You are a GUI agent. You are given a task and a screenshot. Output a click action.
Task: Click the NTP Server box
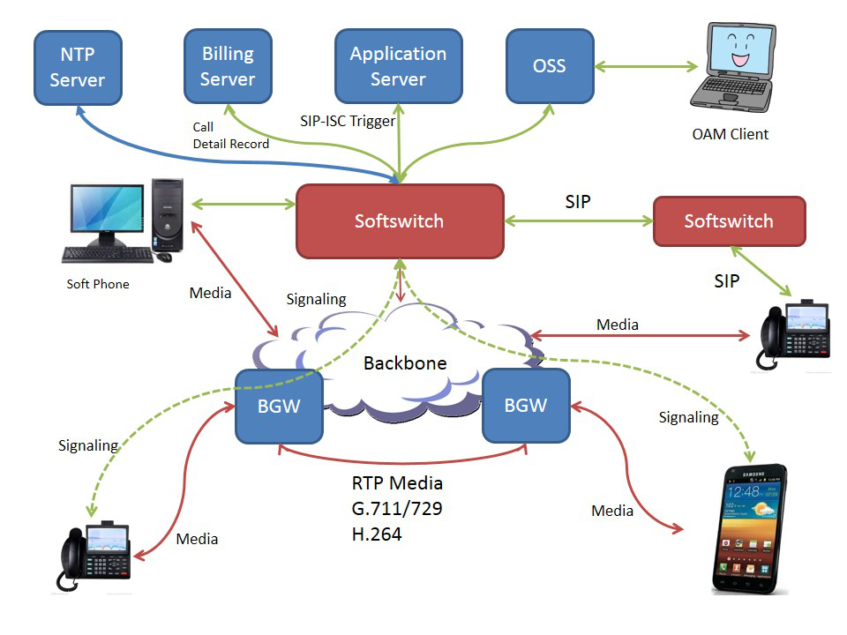point(77,67)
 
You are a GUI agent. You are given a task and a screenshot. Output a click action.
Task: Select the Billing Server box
point(227,66)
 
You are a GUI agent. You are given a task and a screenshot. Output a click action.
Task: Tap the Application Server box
point(398,66)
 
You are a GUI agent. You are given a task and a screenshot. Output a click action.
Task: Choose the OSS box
point(549,66)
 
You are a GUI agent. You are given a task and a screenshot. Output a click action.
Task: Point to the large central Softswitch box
point(399,220)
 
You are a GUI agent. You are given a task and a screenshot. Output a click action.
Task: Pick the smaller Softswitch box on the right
point(728,220)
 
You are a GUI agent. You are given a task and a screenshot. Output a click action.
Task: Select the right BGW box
point(526,406)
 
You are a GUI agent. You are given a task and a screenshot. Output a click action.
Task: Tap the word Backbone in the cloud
point(405,363)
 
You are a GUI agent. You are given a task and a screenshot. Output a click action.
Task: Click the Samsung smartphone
point(749,529)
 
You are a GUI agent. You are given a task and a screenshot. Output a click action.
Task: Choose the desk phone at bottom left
point(94,555)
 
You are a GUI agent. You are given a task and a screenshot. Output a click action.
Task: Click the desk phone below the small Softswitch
point(794,334)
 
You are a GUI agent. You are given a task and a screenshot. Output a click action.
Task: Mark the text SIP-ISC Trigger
point(348,121)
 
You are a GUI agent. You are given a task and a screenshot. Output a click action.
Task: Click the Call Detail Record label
point(230,135)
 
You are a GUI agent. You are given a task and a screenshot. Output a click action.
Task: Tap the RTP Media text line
point(397,483)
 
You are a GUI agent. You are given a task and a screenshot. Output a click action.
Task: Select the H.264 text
point(377,534)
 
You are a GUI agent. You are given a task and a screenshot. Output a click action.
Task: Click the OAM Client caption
point(731,134)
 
